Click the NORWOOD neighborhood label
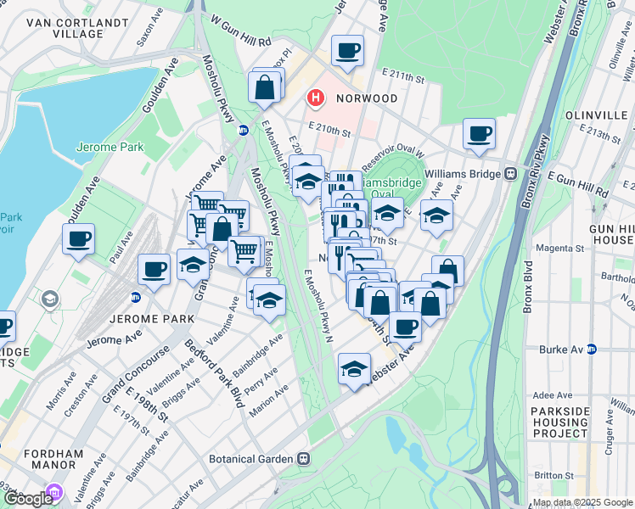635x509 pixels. tap(366, 98)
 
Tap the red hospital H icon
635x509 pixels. tap(316, 98)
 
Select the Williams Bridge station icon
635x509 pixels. tap(511, 172)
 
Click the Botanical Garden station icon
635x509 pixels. tap(302, 458)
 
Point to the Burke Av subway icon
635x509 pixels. tap(592, 349)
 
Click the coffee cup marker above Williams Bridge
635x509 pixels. tap(479, 132)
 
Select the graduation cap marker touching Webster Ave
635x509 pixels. tap(354, 368)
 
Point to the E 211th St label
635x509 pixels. tap(402, 77)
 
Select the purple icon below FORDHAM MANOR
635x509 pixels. tap(54, 491)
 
